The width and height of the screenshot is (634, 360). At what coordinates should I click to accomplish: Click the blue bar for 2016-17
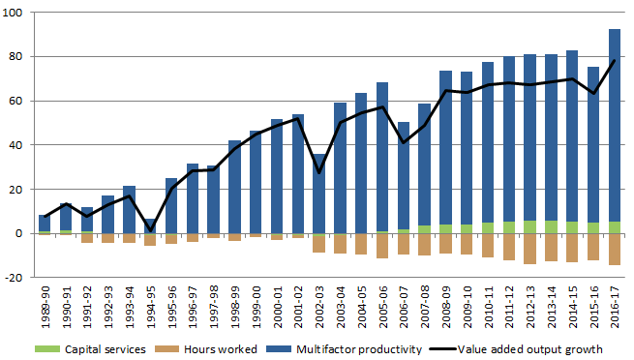click(x=614, y=125)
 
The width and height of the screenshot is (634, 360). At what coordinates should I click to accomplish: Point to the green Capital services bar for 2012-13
click(x=529, y=227)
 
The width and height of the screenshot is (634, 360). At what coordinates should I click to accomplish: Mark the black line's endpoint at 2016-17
click(x=614, y=61)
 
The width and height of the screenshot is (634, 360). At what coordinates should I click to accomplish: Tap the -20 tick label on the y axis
click(x=16, y=278)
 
